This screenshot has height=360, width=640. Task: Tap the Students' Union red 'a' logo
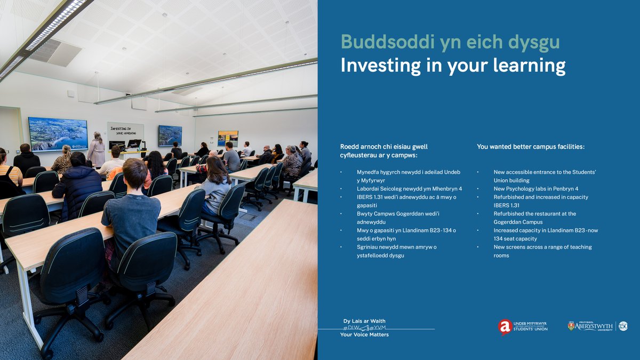click(505, 326)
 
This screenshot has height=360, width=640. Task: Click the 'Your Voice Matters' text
click(364, 335)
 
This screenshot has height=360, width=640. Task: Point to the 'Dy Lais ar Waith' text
click(364, 321)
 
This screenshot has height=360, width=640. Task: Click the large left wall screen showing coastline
click(58, 133)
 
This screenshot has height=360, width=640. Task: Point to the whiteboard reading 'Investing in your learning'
click(125, 131)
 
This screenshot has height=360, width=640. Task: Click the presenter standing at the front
click(97, 149)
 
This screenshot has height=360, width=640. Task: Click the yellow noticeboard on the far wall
click(228, 138)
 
